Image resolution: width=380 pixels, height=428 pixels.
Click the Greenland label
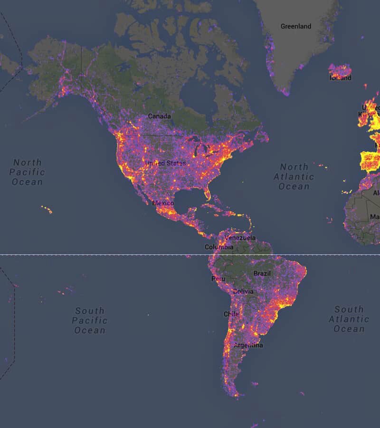pyautogui.click(x=295, y=27)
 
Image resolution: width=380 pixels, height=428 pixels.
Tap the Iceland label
pyautogui.click(x=341, y=78)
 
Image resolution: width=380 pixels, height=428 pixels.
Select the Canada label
pyautogui.click(x=159, y=116)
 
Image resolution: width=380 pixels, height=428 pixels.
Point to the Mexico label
pyautogui.click(x=163, y=203)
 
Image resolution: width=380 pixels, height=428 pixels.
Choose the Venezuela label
pyautogui.click(x=240, y=238)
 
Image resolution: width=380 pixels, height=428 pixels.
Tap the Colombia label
pyautogui.click(x=218, y=247)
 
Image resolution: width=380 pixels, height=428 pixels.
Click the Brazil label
pyautogui.click(x=262, y=273)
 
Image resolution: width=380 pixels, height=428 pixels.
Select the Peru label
pyautogui.click(x=218, y=279)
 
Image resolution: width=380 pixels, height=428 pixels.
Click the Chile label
pyautogui.click(x=231, y=314)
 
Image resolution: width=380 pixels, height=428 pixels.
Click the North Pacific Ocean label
pyautogui.click(x=27, y=172)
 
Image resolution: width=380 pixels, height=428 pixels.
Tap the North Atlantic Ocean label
pyautogui.click(x=294, y=176)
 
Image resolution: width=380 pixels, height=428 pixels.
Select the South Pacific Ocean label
pyautogui.click(x=89, y=321)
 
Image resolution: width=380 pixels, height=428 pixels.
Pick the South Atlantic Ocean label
pyautogui.click(x=349, y=319)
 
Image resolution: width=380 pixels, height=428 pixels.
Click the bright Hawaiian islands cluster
pyautogui.click(x=46, y=209)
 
